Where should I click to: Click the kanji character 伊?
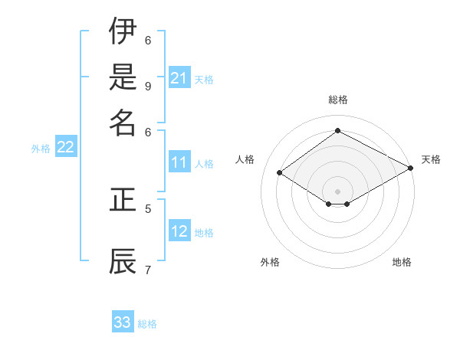(x=123, y=32)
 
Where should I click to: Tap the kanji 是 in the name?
(x=123, y=77)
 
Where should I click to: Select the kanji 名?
(x=123, y=122)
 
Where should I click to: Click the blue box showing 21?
(x=179, y=78)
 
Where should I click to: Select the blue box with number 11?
(x=179, y=162)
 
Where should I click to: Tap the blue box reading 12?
(x=179, y=231)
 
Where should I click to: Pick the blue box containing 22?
(x=65, y=148)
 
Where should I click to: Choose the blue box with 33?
(x=123, y=322)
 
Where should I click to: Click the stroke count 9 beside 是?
(x=148, y=85)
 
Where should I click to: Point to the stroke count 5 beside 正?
(x=148, y=208)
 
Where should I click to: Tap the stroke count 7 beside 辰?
(x=148, y=269)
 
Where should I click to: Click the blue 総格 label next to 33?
(x=147, y=324)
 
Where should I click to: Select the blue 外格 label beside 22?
(x=41, y=149)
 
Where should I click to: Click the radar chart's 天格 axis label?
(x=431, y=159)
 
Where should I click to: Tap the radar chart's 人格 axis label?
(x=245, y=159)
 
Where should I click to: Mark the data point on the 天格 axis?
(x=411, y=169)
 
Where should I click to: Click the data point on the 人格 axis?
(x=279, y=173)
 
